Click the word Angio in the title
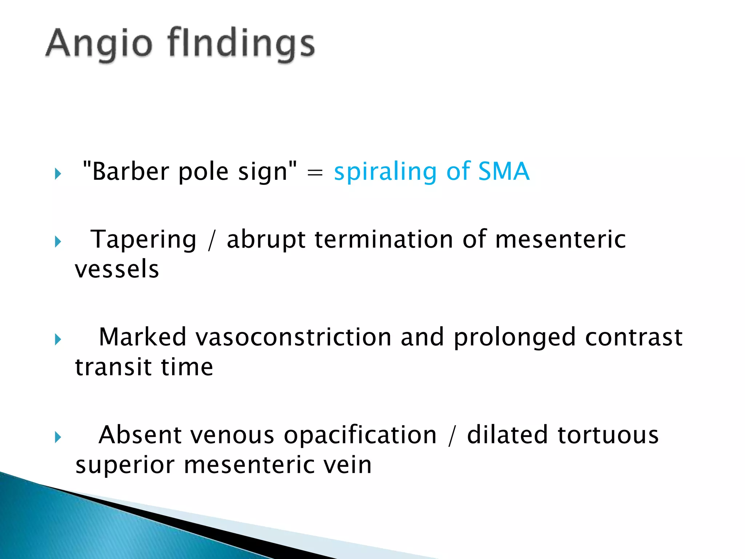[x=98, y=44]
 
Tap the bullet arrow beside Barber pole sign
[x=58, y=174]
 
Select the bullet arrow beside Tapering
[x=58, y=242]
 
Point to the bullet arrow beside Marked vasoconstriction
[x=58, y=339]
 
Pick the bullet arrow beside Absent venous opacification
[x=58, y=437]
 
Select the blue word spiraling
[x=385, y=172]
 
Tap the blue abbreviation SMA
[x=503, y=171]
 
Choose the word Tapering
[x=143, y=240]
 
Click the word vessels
[x=117, y=269]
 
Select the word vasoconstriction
[x=294, y=337]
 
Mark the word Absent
[x=140, y=435]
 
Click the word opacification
[x=360, y=436]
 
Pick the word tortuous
[x=608, y=435]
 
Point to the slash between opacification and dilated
[x=452, y=436]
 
